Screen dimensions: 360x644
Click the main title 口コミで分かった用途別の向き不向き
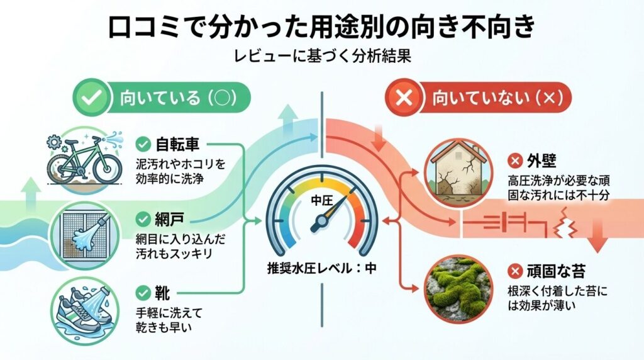pyautogui.click(x=322, y=28)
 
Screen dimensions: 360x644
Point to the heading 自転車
pyautogui.click(x=177, y=144)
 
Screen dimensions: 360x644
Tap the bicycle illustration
pyautogui.click(x=84, y=162)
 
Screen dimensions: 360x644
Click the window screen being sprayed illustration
pyautogui.click(x=84, y=234)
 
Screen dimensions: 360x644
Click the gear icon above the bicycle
pyautogui.click(x=54, y=140)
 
